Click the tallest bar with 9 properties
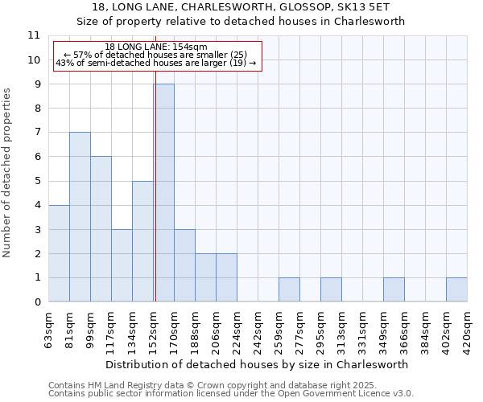163,193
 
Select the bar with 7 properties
80,217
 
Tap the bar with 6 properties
101,229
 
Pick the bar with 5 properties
142,241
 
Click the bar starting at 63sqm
59,253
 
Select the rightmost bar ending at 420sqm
456,289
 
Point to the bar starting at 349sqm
394,289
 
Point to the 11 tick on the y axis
34,35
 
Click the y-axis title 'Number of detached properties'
8,173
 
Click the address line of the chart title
241,6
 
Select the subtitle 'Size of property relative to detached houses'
241,22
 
